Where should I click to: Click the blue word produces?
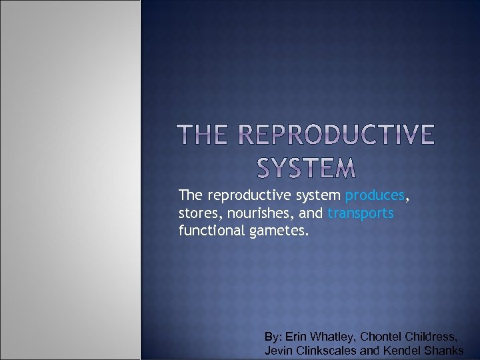click(375, 196)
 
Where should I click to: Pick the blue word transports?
click(360, 213)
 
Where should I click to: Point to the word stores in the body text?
click(196, 213)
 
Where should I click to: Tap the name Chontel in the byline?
click(383, 337)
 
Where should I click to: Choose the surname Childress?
click(433, 337)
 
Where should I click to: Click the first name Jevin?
click(278, 351)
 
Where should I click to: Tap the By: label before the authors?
click(273, 337)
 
